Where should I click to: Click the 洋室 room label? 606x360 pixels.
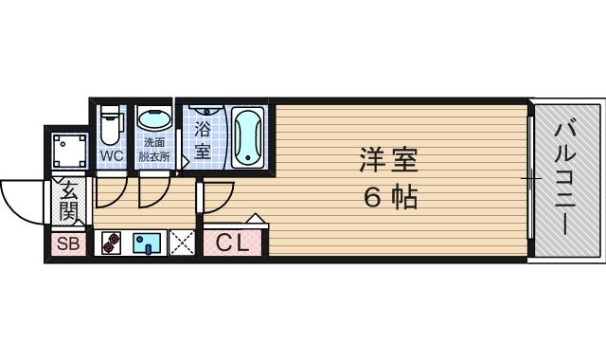click(388, 159)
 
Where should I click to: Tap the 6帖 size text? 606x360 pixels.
click(388, 198)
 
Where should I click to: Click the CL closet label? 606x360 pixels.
click(232, 243)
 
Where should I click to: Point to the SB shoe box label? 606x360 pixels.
click(68, 244)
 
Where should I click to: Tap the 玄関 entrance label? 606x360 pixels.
click(68, 200)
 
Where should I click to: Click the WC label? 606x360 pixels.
click(111, 155)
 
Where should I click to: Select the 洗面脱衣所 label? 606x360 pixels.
click(152, 150)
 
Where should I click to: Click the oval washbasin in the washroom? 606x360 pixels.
click(151, 120)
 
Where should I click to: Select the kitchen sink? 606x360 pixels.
click(149, 244)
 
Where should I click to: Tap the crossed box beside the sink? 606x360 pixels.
click(182, 243)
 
